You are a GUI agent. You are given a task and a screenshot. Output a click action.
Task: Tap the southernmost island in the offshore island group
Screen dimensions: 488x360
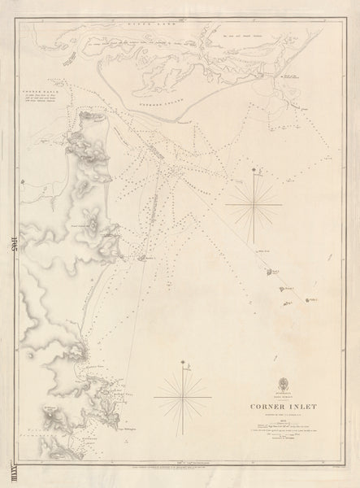click(285, 304)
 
